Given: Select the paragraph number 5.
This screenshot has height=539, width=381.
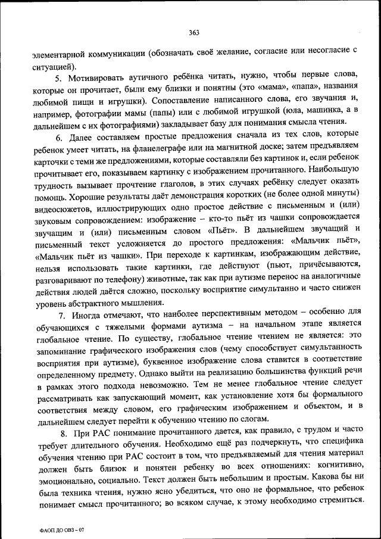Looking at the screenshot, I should point(58,79).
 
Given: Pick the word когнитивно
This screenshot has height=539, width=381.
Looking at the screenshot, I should point(338,465).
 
